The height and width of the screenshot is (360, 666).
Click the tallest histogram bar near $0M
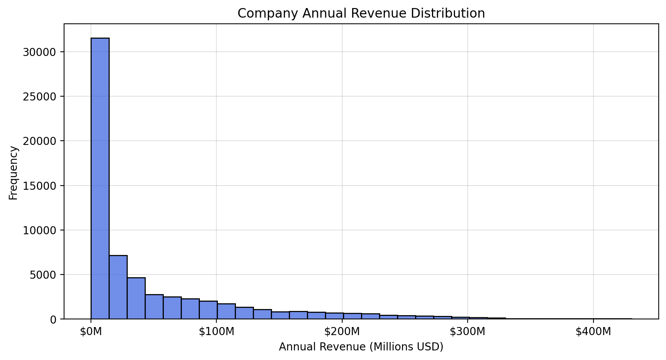click(100, 178)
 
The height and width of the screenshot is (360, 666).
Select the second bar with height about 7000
click(118, 287)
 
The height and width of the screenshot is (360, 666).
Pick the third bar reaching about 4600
click(136, 298)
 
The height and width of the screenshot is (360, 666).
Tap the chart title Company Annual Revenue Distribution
click(361, 13)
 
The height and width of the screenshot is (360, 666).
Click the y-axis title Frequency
click(13, 173)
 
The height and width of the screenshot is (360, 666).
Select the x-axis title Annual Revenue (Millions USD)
click(361, 347)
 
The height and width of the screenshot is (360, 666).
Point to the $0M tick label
click(91, 332)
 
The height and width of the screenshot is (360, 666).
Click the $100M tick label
click(216, 332)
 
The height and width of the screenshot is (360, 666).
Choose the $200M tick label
click(342, 332)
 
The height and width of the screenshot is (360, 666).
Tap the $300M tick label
click(468, 332)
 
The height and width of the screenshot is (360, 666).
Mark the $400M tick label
click(593, 332)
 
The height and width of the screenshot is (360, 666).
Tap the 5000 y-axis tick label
click(43, 275)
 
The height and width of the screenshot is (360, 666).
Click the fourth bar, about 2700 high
click(154, 307)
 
